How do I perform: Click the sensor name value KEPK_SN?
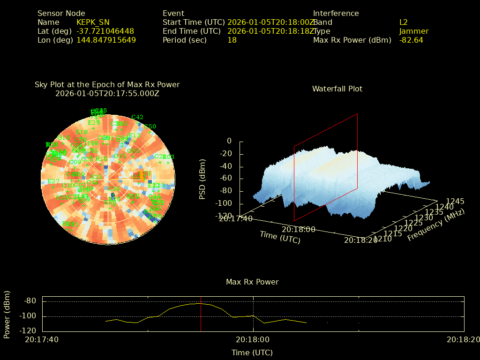coord(93,22)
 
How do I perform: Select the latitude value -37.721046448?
coord(105,31)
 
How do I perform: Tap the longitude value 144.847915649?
coord(106,40)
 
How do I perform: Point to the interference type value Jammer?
coord(414,31)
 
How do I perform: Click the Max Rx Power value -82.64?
coord(411,40)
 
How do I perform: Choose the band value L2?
coord(404,22)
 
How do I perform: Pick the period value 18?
coord(232,40)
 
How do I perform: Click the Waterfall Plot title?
coord(337,89)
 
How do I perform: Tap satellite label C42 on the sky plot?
coord(137,117)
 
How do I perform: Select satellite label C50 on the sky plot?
coord(150,127)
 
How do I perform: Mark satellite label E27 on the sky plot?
coord(53,181)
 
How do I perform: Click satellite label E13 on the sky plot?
coord(135,135)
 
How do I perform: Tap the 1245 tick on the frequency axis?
coord(455,201)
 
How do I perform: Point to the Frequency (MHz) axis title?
coord(435,225)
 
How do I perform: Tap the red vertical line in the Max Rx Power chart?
coord(201,314)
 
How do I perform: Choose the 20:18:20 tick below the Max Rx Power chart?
coord(463,339)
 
